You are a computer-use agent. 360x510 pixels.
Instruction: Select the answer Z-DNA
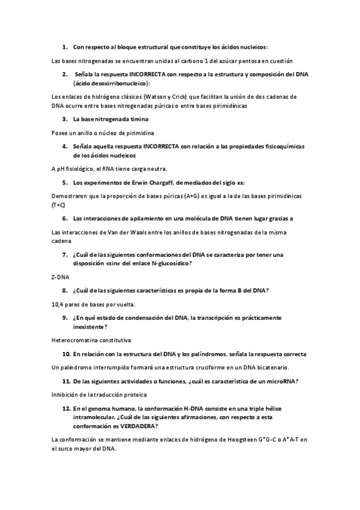coord(61,277)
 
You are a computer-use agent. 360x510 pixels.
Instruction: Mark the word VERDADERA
coord(138,426)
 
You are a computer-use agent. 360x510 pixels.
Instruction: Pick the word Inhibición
coord(68,395)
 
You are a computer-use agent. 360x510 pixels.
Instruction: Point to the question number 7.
coord(64,254)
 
